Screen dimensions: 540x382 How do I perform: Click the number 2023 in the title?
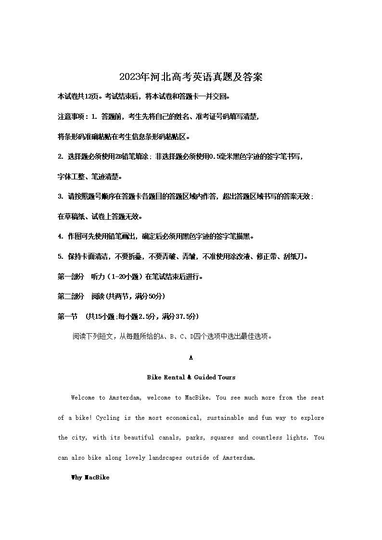point(128,77)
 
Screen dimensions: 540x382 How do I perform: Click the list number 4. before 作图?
point(61,237)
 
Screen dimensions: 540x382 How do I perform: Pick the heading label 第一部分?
point(71,276)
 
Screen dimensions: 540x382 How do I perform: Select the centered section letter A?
point(191,358)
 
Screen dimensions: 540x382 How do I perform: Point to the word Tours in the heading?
point(226,377)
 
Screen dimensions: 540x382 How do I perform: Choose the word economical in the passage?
point(184,418)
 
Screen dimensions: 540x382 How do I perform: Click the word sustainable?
point(225,418)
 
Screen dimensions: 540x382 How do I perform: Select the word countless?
point(267,438)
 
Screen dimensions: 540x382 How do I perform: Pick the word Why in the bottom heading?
point(76,477)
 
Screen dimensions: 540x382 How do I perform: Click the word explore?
point(312,418)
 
